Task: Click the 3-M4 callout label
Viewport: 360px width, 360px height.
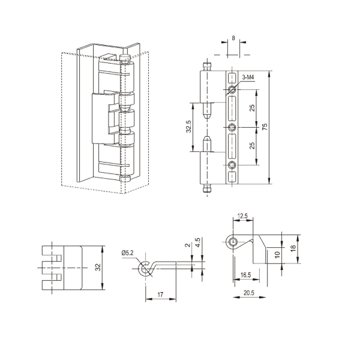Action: click(248, 77)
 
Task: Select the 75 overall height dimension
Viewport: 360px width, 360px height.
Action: click(265, 127)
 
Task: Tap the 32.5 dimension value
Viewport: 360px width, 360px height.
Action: click(188, 127)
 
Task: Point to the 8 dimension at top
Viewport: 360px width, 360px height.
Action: click(233, 38)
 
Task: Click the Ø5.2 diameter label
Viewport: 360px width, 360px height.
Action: click(128, 253)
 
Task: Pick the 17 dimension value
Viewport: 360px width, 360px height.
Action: click(160, 294)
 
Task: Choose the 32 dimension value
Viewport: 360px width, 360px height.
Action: click(98, 267)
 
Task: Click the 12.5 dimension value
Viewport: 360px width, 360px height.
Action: click(242, 216)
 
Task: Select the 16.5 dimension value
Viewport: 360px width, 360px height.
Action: click(245, 275)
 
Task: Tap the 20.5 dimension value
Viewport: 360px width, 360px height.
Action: click(249, 293)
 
